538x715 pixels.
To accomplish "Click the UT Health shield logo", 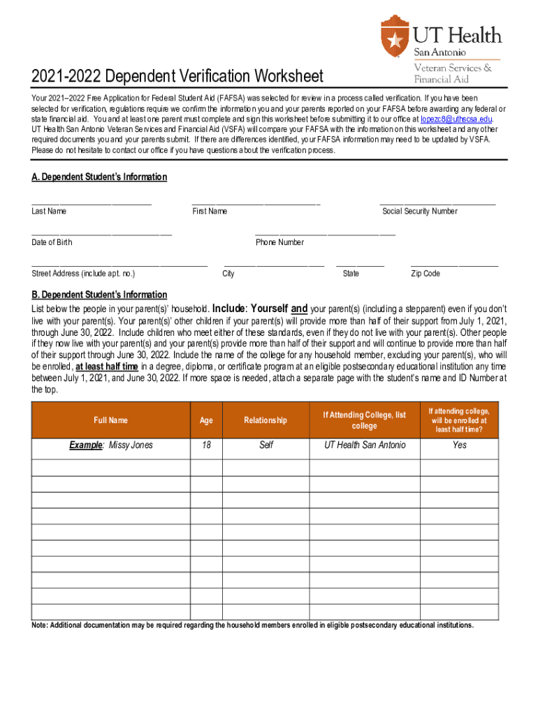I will pos(395,36).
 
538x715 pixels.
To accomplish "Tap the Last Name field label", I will pos(49,212).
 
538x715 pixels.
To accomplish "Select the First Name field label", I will pos(210,212).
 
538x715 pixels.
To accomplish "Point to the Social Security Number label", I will pos(420,212).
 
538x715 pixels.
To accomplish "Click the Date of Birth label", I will pos(52,242).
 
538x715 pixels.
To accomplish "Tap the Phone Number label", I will pos(279,242).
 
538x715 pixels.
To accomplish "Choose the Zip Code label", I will pos(426,274).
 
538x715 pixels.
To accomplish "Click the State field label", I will pos(351,274).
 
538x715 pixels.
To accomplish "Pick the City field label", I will pos(228,274).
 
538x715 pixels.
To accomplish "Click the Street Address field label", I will pos(83,274).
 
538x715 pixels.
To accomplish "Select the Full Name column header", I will pos(111,420).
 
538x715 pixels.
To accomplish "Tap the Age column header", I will pos(206,420).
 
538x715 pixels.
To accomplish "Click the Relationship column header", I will pos(266,420).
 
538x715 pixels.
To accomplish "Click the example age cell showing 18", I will pos(206,445).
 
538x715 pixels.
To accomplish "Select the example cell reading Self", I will pos(266,445).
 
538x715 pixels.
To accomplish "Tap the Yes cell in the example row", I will pos(459,445).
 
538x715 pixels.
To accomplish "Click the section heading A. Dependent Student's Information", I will pos(99,177).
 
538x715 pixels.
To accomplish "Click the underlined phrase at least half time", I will pos(107,366).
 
